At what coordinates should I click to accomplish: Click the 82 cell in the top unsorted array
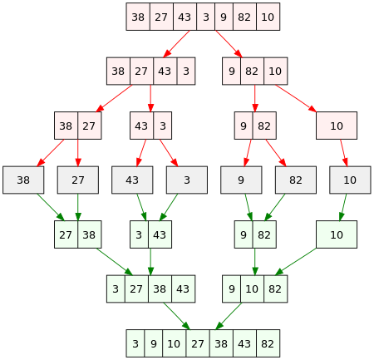point(244,17)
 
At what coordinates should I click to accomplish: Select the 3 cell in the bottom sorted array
point(135,343)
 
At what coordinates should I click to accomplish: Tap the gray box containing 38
point(23,180)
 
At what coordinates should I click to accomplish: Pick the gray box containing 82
point(296,180)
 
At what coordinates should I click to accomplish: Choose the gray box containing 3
point(187,180)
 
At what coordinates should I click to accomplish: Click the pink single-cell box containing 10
point(337,126)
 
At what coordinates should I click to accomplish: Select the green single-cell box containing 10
point(337,234)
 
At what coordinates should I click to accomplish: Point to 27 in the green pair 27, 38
point(66,234)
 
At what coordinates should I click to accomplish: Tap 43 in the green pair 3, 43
point(160,234)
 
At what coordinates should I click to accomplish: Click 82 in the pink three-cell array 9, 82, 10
point(253,72)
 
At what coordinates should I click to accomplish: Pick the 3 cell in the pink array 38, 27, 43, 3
point(186,72)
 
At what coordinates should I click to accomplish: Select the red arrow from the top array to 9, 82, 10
point(229,44)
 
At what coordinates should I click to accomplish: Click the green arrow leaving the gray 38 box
point(51,207)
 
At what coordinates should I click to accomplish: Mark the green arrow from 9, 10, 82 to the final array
point(229,316)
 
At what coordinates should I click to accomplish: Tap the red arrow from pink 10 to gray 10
point(344,153)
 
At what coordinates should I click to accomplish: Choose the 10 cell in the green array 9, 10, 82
point(253,288)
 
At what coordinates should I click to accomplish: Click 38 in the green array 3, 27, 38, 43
point(160,288)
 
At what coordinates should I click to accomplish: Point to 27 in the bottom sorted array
point(198,343)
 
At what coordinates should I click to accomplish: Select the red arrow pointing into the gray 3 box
point(169,153)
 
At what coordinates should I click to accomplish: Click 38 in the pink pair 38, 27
point(66,126)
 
